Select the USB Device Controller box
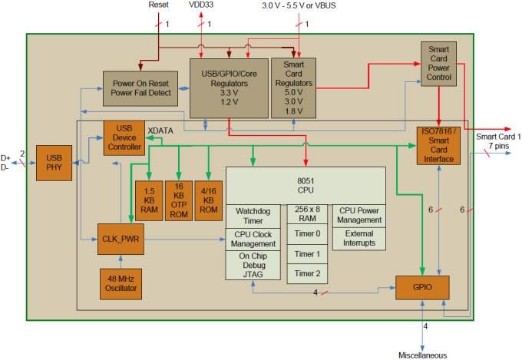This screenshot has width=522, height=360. [x=124, y=137]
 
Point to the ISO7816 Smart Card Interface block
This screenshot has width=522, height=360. [x=438, y=144]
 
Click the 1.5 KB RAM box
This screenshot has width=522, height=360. [x=149, y=201]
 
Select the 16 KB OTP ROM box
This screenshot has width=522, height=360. [x=179, y=201]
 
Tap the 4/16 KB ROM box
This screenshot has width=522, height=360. [x=208, y=201]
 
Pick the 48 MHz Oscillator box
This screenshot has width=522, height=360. [x=122, y=282]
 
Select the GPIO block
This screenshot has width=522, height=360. [x=421, y=287]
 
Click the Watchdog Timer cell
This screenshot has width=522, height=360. [x=254, y=216]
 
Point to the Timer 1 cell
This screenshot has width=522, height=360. [x=308, y=254]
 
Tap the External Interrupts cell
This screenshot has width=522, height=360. [x=358, y=239]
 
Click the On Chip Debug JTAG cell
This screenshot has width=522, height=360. [x=254, y=266]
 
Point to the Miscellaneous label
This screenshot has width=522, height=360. [x=423, y=355]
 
